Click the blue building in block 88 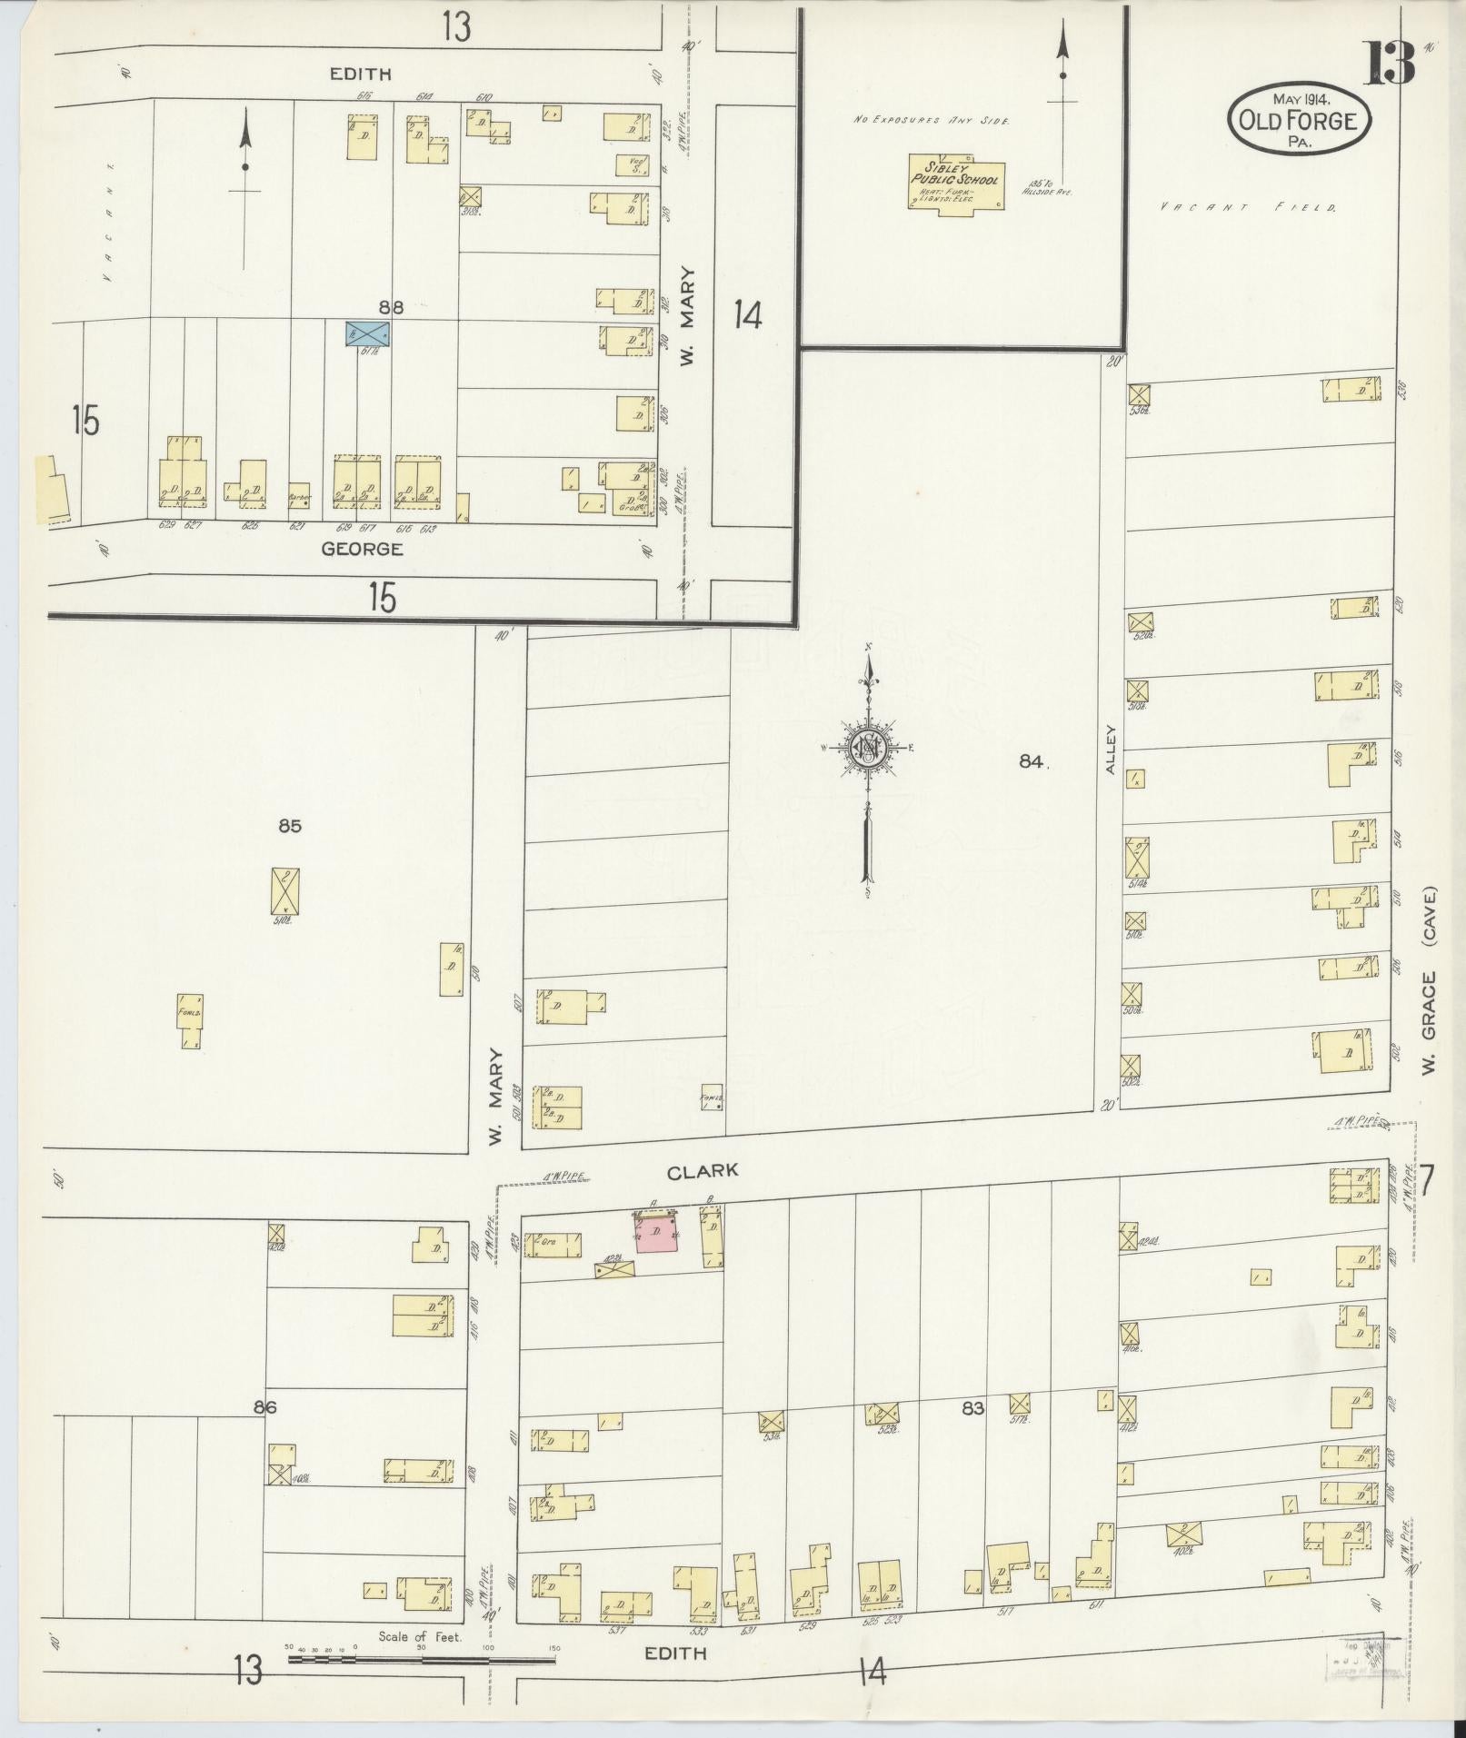(367, 333)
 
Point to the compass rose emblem (869, 747)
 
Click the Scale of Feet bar (422, 1024)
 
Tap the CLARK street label (703, 1172)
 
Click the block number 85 (290, 826)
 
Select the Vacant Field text (1249, 208)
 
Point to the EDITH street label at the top (361, 74)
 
